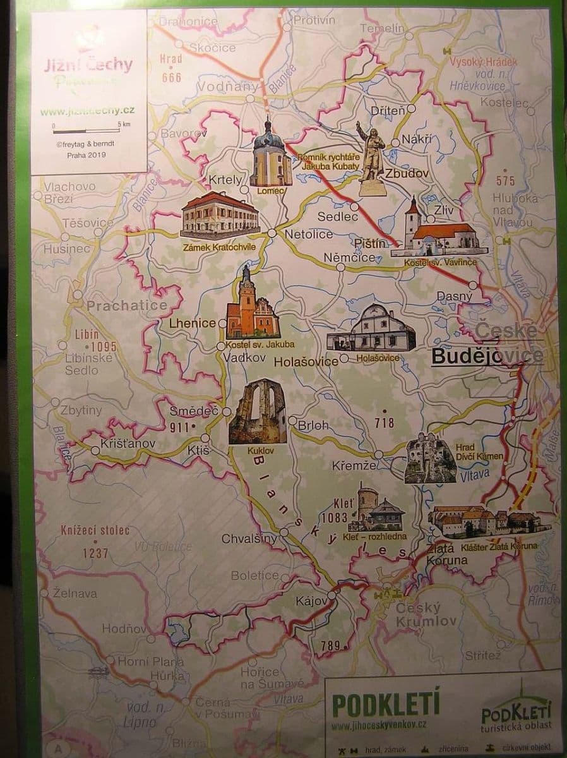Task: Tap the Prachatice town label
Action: coord(127,306)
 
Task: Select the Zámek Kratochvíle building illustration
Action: coord(220,215)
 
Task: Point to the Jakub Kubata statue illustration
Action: coord(371,158)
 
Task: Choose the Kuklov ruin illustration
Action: coord(258,411)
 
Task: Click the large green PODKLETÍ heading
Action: coord(386,704)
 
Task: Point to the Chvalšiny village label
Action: coord(249,539)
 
